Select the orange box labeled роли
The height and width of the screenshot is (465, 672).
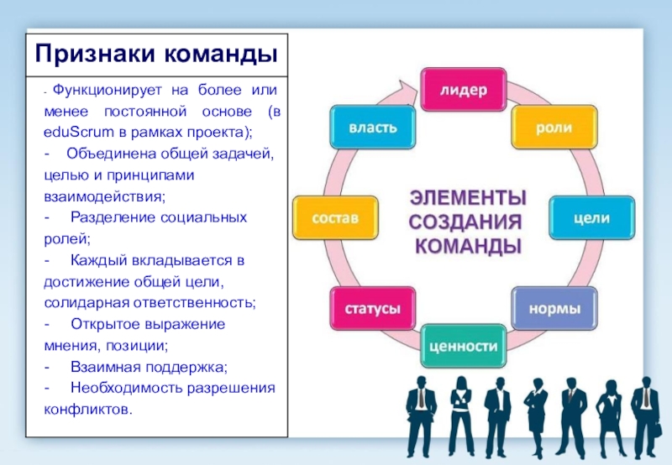(x=554, y=128)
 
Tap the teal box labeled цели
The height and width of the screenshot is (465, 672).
(x=591, y=217)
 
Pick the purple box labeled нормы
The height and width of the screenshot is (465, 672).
(x=554, y=308)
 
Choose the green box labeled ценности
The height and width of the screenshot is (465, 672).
(x=463, y=346)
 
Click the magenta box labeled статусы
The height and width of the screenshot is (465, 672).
(x=374, y=308)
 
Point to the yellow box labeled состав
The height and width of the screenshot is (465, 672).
(x=335, y=217)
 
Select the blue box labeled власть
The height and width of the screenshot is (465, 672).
(x=373, y=128)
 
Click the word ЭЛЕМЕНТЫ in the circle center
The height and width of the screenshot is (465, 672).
(x=468, y=198)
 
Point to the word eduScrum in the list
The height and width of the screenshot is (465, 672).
(x=74, y=133)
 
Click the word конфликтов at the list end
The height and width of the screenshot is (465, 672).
(x=87, y=410)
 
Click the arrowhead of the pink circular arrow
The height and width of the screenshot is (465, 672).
(x=411, y=86)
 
